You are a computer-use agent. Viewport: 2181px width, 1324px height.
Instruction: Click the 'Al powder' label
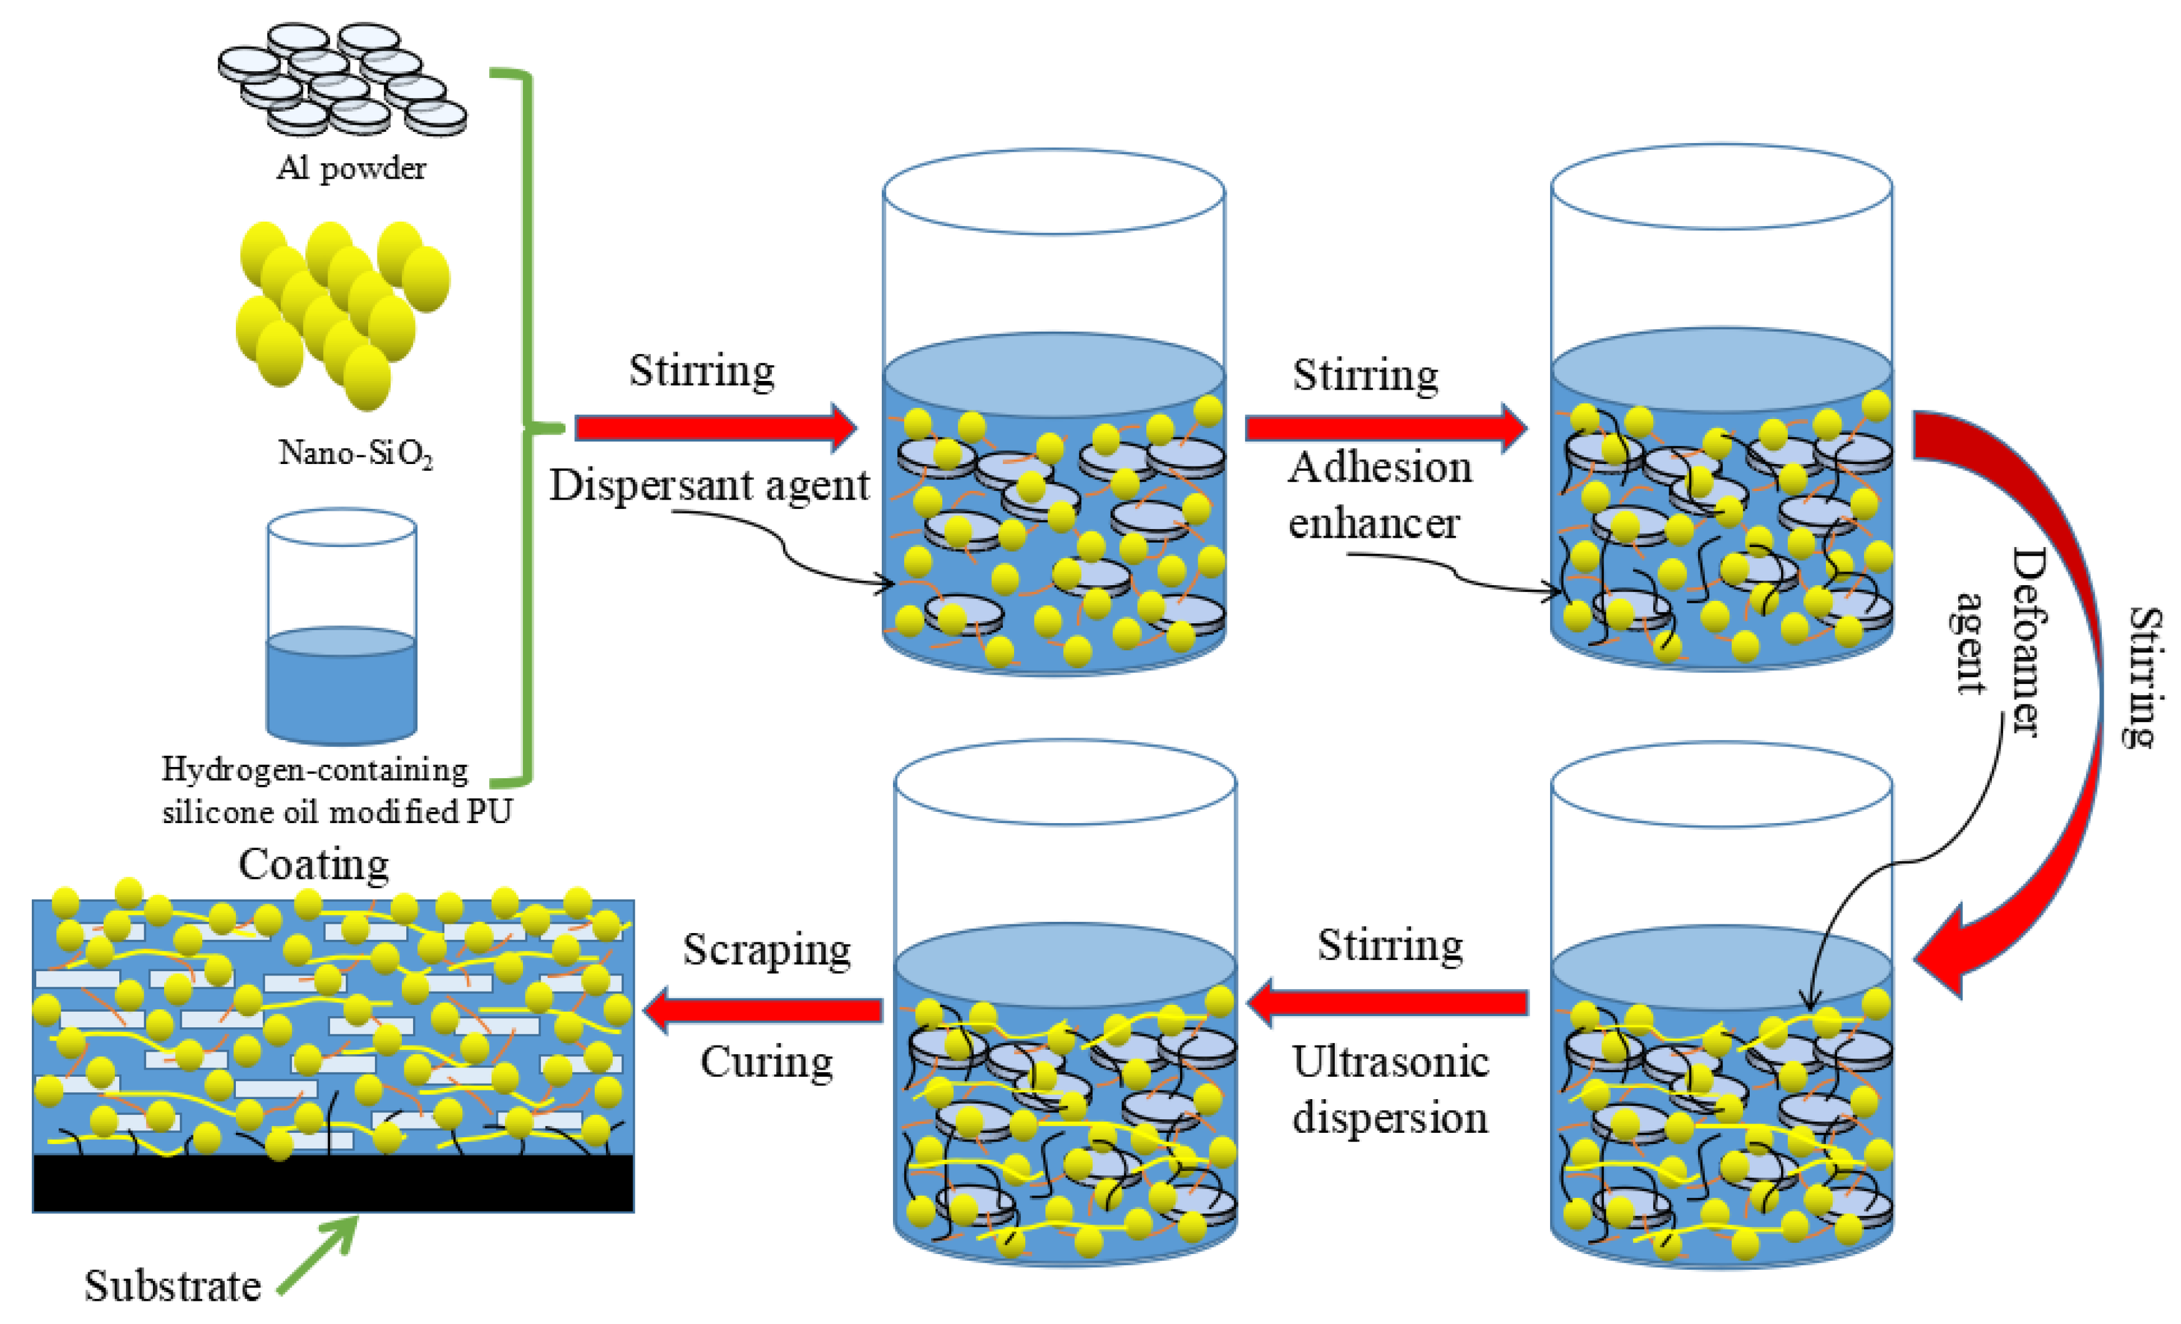[x=351, y=168]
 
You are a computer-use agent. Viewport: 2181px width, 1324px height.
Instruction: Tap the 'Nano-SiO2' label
[x=355, y=453]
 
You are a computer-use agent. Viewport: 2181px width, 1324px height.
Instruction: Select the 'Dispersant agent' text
[x=709, y=485]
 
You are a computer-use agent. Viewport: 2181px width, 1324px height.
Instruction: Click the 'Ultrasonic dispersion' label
[x=1390, y=1089]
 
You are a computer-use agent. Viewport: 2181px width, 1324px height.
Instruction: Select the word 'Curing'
[x=766, y=1062]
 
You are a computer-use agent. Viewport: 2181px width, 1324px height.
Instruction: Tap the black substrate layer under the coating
[x=333, y=1183]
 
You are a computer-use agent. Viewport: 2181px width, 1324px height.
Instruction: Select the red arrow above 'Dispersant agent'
[x=715, y=428]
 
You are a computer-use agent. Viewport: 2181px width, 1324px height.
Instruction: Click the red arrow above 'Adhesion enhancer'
[x=1385, y=428]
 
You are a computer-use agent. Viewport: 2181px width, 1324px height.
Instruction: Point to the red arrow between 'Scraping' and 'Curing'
[x=763, y=1010]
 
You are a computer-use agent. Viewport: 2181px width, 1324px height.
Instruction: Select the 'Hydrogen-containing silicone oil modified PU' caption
[x=336, y=790]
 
